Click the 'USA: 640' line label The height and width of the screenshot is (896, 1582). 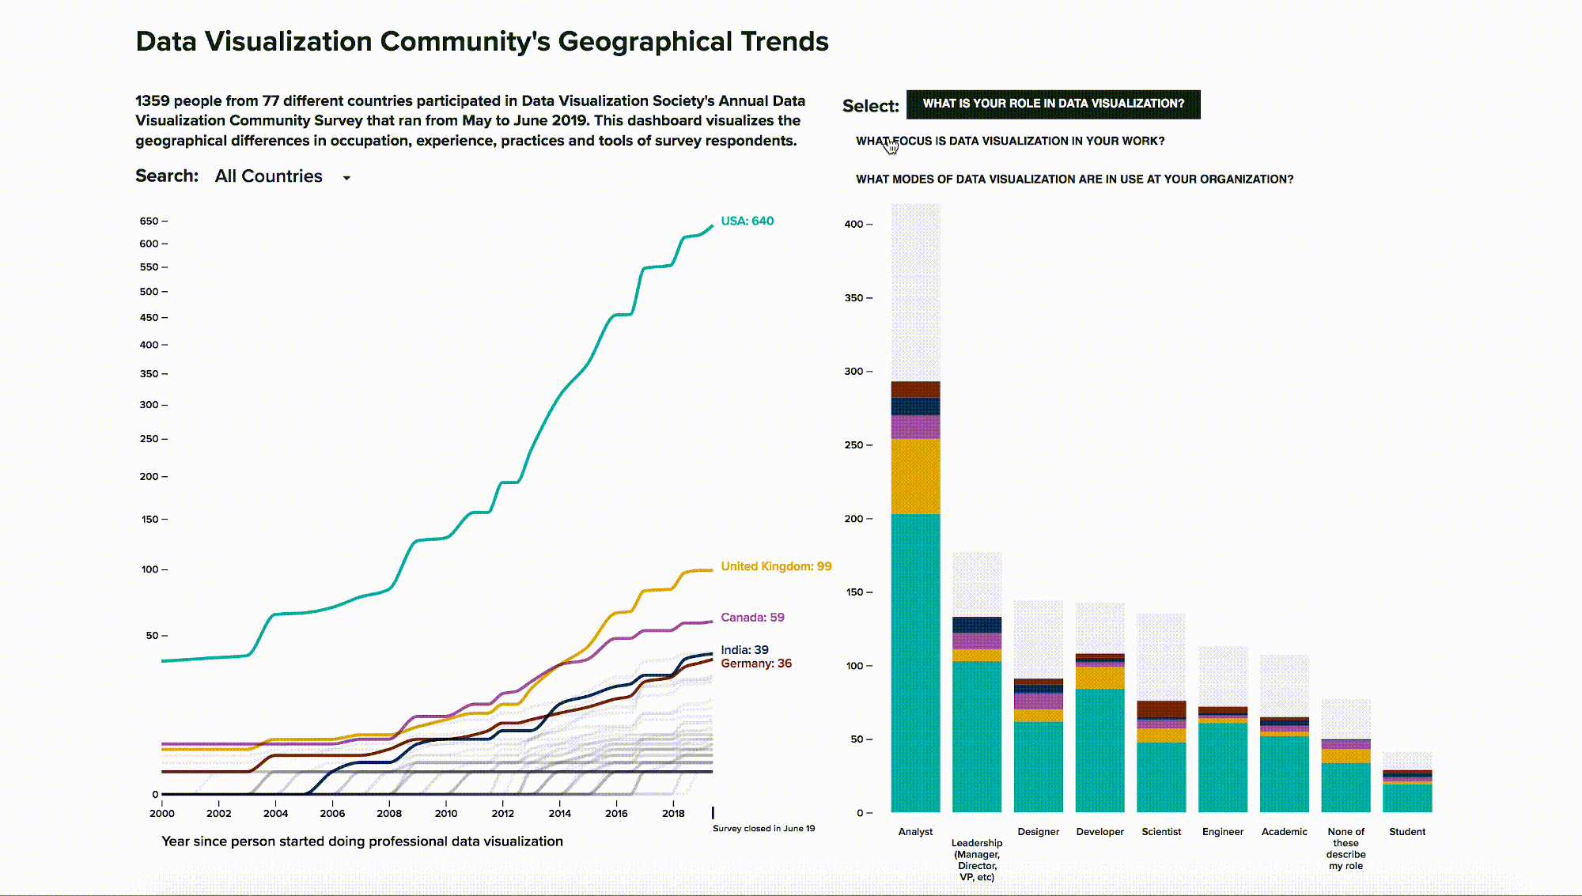[747, 221]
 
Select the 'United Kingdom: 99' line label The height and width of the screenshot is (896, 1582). [776, 566]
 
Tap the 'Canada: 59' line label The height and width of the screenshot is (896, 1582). [752, 618]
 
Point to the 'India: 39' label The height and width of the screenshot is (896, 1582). [744, 650]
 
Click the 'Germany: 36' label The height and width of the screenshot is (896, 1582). [756, 663]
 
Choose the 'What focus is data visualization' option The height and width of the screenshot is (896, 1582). [1010, 141]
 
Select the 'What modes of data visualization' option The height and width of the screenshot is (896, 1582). [1074, 180]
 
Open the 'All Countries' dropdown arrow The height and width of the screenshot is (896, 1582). [346, 178]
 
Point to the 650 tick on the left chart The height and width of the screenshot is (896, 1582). [153, 221]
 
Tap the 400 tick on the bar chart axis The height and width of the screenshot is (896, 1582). [858, 225]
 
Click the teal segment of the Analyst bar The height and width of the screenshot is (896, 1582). [915, 663]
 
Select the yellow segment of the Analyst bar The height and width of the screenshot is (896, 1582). [915, 476]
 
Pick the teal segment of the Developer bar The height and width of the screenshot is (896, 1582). [1099, 750]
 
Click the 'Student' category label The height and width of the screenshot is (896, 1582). [1407, 832]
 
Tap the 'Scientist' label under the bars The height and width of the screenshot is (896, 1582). [1161, 832]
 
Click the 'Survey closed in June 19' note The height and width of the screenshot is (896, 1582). [763, 829]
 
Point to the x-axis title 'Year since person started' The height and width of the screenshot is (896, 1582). [362, 841]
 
